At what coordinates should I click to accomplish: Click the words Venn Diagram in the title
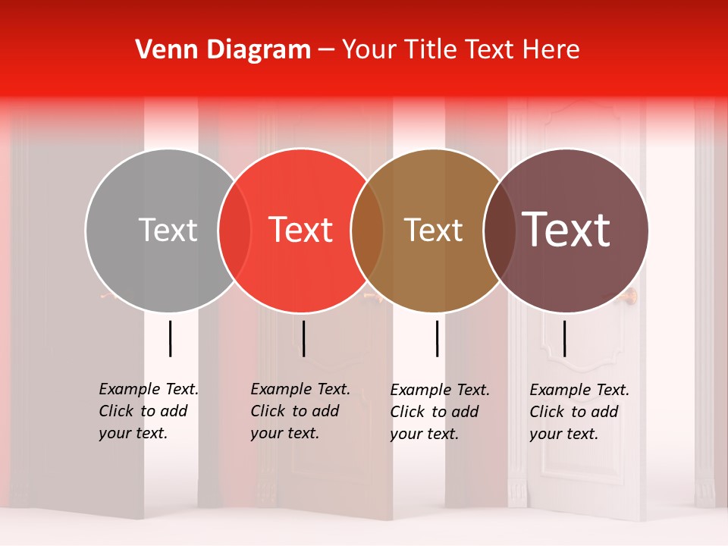(222, 50)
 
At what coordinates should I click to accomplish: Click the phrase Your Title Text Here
(460, 50)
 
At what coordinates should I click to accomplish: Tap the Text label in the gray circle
(168, 230)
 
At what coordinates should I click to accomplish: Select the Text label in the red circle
(300, 230)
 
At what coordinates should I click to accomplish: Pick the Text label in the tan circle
(433, 230)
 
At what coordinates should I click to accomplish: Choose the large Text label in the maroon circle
(566, 229)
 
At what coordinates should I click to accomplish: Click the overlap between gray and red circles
(234, 230)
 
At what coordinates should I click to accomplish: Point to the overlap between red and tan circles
(367, 230)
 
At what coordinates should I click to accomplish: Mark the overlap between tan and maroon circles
(499, 230)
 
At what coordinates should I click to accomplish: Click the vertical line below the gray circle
(171, 338)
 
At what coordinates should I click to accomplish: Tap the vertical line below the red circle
(303, 338)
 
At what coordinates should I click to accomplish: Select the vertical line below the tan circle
(438, 338)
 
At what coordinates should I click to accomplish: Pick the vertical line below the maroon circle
(565, 338)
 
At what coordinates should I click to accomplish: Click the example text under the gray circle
(148, 411)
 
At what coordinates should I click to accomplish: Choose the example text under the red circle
(300, 411)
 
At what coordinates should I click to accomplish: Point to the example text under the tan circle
(439, 412)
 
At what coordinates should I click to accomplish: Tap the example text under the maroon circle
(579, 412)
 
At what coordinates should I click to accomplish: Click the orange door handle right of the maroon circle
(633, 295)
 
